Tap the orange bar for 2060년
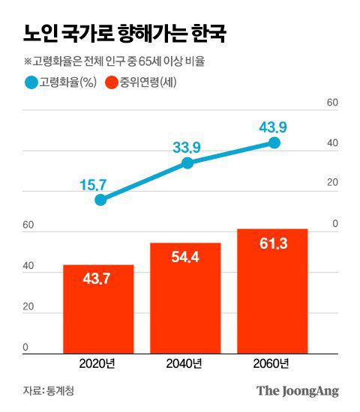click(x=272, y=291)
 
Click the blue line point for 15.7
click(x=100, y=200)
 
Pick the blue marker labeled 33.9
click(x=187, y=163)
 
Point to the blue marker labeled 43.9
click(x=274, y=142)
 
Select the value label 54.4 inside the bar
click(x=185, y=258)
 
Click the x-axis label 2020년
click(x=98, y=364)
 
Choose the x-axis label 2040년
click(x=185, y=364)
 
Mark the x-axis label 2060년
click(x=272, y=364)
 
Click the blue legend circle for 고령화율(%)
click(x=31, y=82)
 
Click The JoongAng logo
click(x=298, y=391)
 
